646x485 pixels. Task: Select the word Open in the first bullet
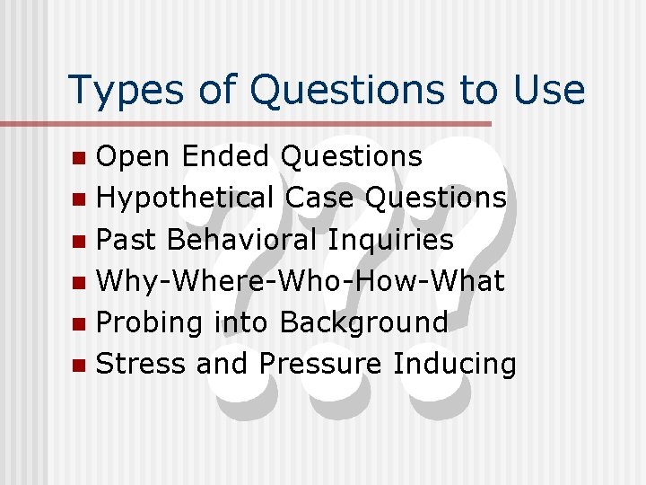tap(134, 157)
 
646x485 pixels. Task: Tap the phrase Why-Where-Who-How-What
tap(301, 281)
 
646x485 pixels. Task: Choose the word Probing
tap(149, 323)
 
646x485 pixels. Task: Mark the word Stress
tap(142, 364)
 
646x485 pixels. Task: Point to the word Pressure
tap(322, 364)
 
